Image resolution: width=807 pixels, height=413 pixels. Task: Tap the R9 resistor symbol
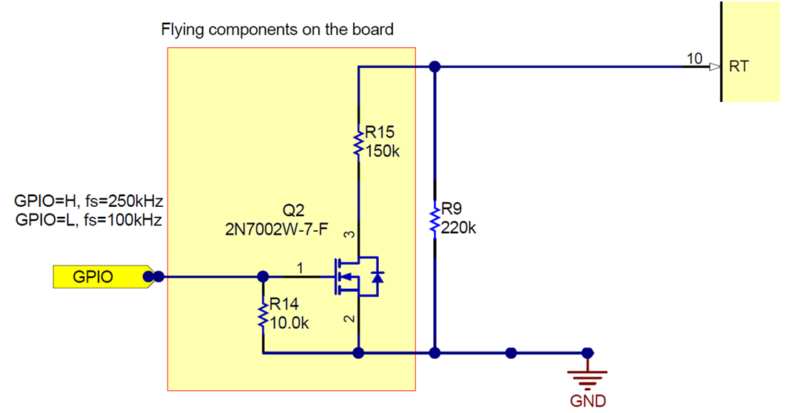click(435, 219)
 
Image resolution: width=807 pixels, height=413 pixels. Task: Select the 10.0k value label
click(288, 323)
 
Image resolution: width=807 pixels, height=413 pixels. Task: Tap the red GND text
click(588, 401)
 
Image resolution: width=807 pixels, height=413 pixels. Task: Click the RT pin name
click(739, 67)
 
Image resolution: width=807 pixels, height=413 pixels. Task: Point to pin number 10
click(694, 58)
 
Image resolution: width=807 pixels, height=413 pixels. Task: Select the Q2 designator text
click(293, 210)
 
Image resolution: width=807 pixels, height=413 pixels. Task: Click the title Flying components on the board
click(277, 30)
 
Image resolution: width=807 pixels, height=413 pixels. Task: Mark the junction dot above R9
click(435, 67)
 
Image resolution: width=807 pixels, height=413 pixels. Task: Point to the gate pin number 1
click(300, 267)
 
